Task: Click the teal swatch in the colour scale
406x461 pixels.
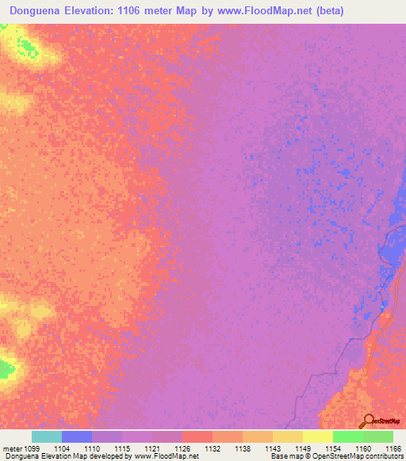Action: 47,436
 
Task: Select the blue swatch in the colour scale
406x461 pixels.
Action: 77,436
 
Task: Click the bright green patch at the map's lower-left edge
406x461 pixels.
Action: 6,368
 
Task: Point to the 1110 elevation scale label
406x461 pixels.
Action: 93,448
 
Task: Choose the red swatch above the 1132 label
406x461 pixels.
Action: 197,436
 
